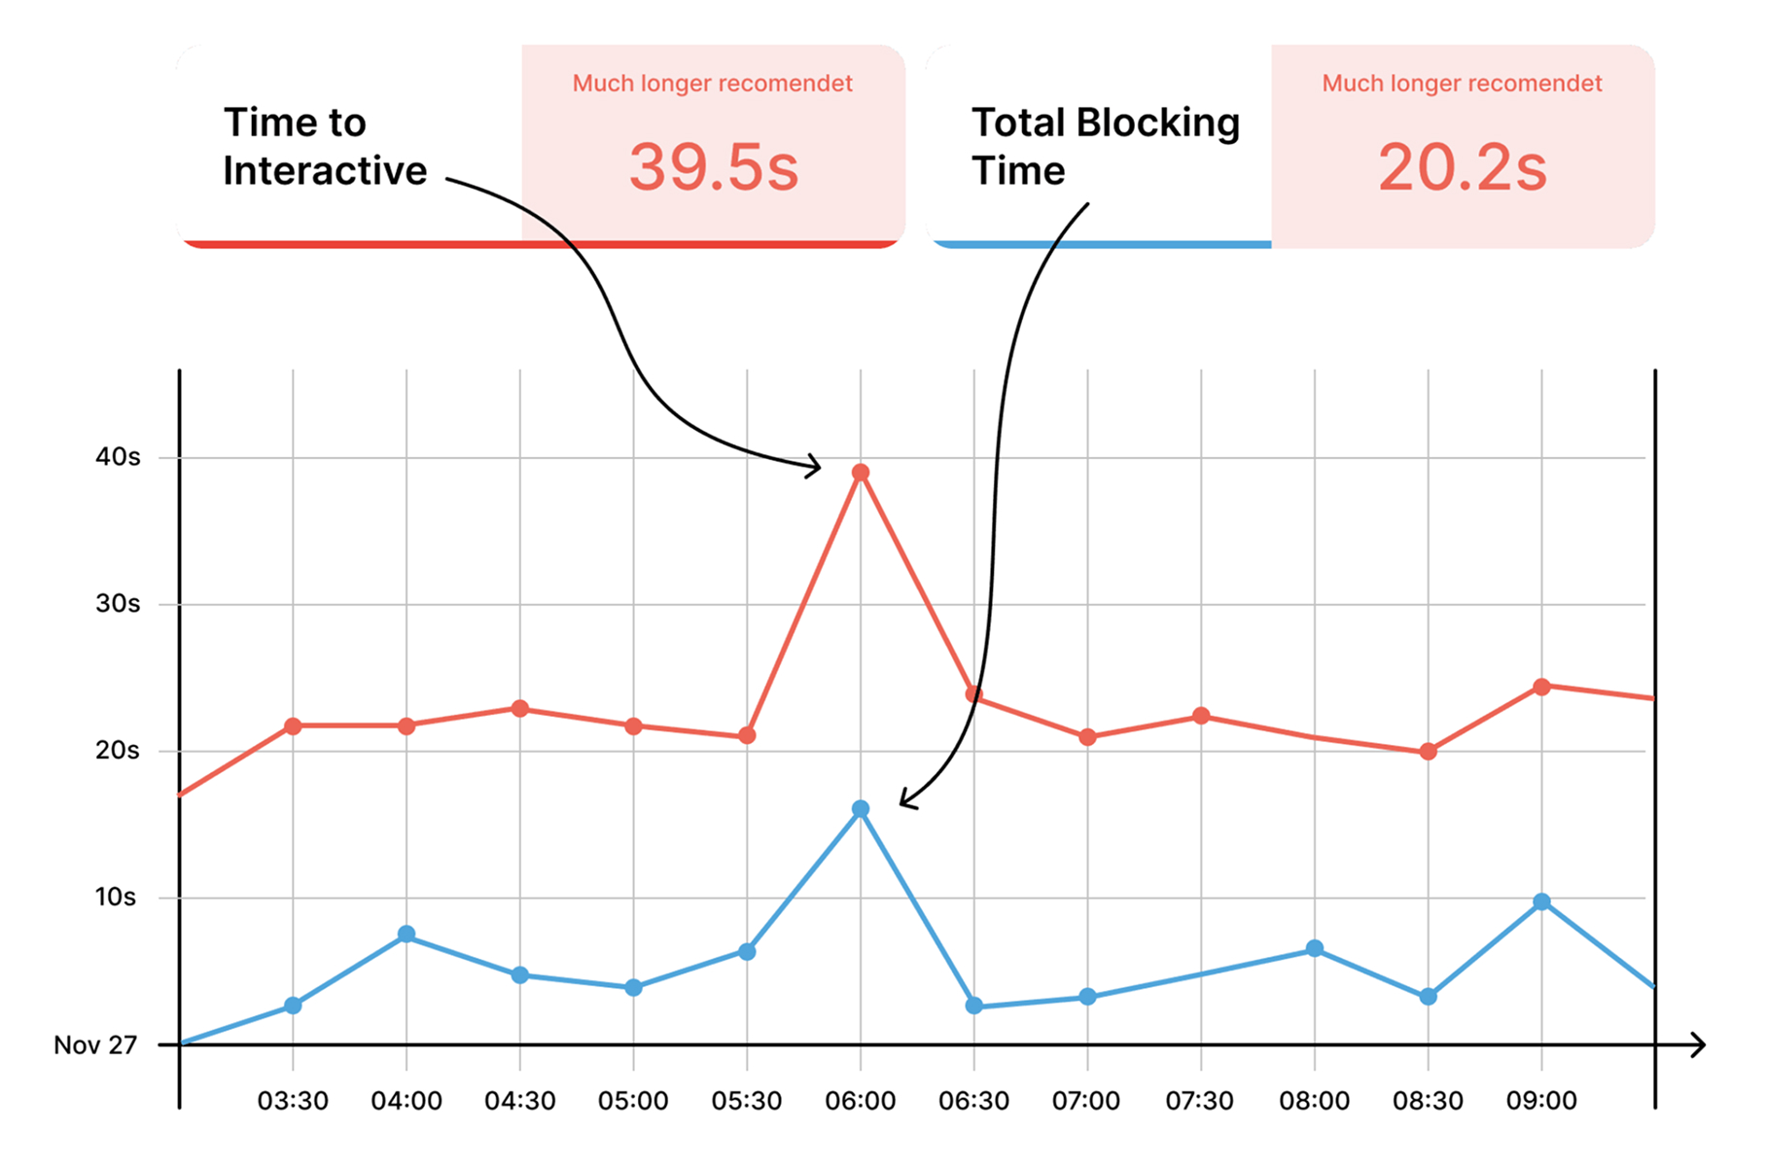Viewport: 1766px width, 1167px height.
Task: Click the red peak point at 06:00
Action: (860, 473)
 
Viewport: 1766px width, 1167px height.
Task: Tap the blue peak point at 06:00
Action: (860, 809)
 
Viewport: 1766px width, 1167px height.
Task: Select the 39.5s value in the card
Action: (713, 167)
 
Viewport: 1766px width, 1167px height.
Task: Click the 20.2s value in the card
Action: (1462, 167)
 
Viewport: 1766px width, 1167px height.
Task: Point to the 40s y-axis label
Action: (118, 457)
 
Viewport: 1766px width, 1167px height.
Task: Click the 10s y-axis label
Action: (116, 897)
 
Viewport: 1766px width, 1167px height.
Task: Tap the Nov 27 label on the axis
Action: (95, 1045)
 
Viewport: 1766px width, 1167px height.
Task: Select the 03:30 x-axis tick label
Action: (293, 1101)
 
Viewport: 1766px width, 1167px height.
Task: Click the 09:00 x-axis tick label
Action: (1541, 1101)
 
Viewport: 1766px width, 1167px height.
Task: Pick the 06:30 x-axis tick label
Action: (973, 1101)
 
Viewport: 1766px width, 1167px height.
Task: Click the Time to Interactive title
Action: (324, 147)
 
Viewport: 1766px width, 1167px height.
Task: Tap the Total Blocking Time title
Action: (1105, 147)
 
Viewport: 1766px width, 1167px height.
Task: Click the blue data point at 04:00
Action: (406, 935)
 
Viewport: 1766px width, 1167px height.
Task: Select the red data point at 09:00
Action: (1541, 688)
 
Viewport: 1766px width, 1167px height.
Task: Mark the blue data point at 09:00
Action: (1541, 902)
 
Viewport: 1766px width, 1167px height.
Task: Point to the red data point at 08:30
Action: (1428, 752)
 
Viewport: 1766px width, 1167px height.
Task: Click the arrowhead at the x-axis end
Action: (1699, 1045)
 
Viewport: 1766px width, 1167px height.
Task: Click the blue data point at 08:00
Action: (1314, 948)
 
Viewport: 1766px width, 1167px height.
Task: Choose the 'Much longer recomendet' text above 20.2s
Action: (1462, 84)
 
